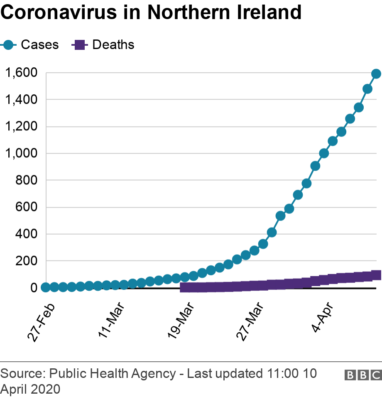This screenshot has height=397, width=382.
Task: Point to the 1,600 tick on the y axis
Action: click(21, 73)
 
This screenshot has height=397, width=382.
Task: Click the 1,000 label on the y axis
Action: click(21, 153)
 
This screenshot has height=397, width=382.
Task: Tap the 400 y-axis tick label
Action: click(27, 234)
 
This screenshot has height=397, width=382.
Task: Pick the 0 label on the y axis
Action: click(34, 288)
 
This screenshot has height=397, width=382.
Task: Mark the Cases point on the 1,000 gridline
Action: click(324, 153)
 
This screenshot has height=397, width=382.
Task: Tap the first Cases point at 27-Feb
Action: click(46, 287)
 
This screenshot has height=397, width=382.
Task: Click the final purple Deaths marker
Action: click(376, 275)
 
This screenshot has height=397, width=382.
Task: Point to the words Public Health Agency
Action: click(113, 374)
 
